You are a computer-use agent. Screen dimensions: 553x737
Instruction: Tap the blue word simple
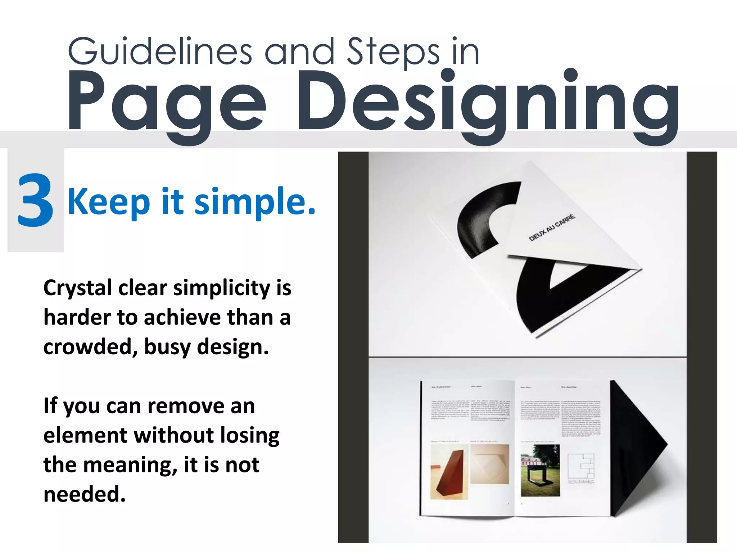tap(255, 202)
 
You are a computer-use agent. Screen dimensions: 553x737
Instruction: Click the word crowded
tap(90, 347)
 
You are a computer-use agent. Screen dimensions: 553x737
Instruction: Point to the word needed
tap(85, 494)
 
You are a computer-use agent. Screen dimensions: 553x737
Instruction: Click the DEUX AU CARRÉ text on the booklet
tap(552, 228)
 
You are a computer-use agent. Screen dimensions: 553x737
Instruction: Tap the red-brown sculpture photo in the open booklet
tap(449, 472)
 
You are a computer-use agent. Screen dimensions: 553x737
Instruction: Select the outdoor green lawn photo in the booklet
tap(541, 470)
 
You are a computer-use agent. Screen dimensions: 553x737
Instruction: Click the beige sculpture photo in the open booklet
tap(489, 464)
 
